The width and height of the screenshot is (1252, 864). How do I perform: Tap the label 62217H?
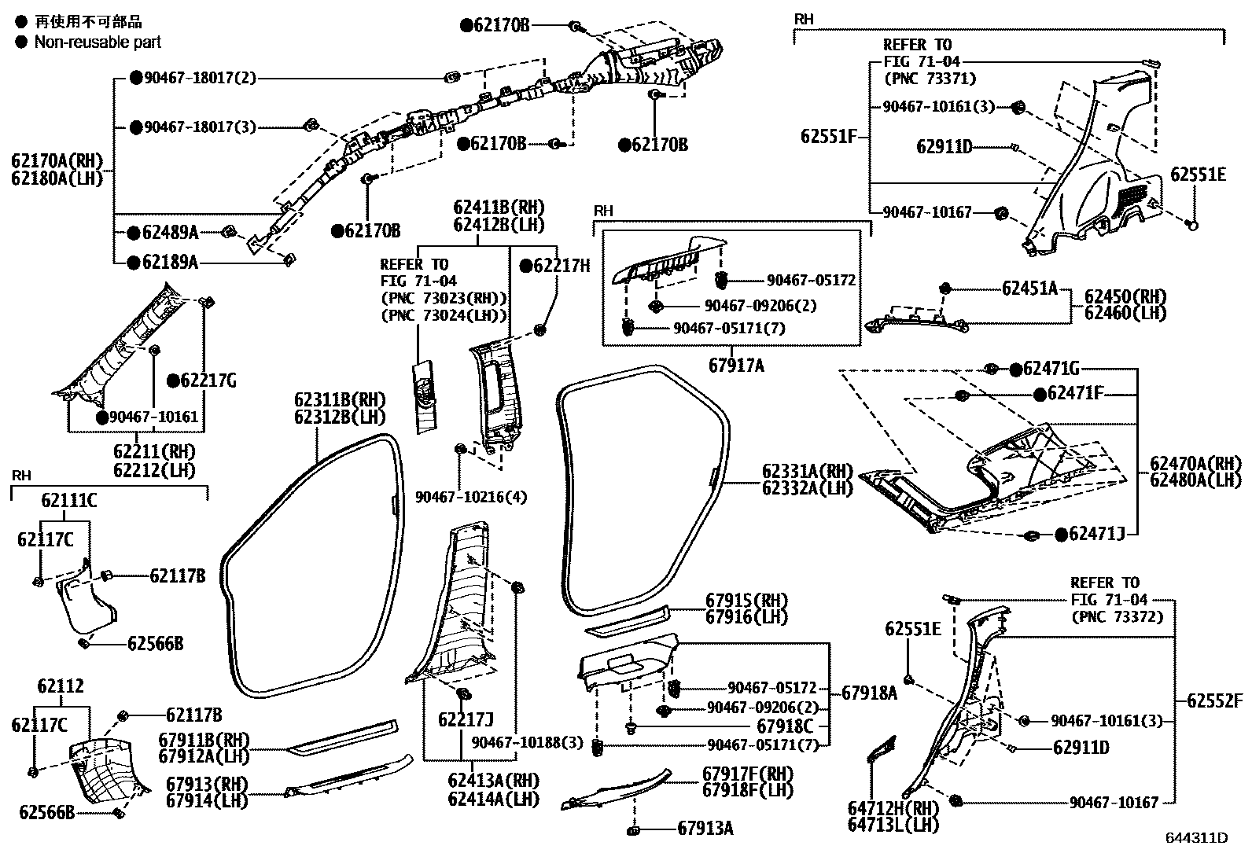(561, 266)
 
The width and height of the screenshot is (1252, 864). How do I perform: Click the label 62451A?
(1029, 289)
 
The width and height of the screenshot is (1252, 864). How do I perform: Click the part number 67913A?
(705, 828)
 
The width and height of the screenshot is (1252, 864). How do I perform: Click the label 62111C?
(69, 499)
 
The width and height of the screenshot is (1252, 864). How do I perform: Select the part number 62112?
(61, 687)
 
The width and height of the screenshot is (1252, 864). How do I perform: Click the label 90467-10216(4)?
(471, 497)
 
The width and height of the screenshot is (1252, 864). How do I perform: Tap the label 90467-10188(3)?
(528, 742)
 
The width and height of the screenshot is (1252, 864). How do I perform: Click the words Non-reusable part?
(98, 42)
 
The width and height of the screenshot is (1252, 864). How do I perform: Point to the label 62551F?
(828, 136)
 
